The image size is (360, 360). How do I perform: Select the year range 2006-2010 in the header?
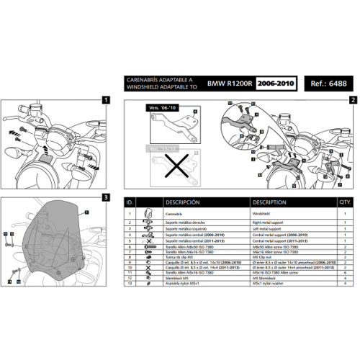(277, 84)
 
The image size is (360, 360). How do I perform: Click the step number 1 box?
(106, 101)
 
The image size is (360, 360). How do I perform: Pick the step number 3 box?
(106, 197)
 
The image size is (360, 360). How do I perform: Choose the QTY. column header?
(345, 202)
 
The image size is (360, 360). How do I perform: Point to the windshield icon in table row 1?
(148, 214)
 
